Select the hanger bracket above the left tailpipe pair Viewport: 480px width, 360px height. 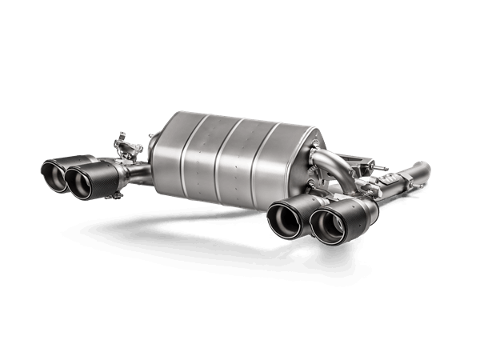tap(122, 147)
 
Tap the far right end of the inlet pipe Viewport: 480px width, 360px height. tap(423, 170)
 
